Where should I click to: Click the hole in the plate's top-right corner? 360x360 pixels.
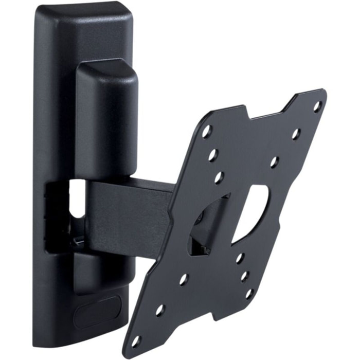[317, 106]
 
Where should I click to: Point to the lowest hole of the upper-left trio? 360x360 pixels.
[219, 177]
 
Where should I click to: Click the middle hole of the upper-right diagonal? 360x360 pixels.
[296, 134]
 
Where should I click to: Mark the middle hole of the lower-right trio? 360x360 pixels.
[245, 276]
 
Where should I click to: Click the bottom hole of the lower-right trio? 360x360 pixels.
[249, 294]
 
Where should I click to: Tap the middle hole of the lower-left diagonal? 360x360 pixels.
[160, 310]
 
